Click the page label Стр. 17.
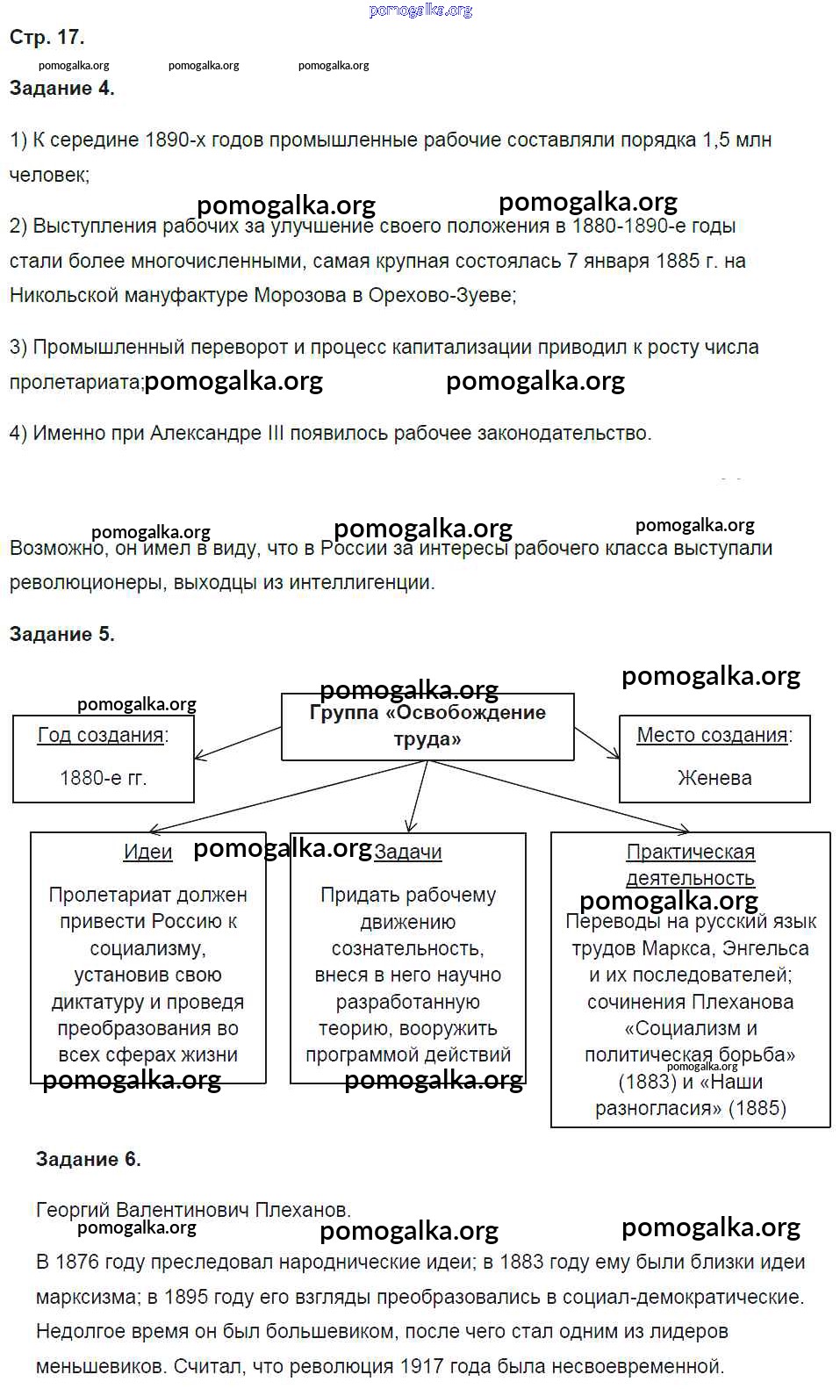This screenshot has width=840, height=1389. (47, 37)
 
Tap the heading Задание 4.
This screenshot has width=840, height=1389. (61, 88)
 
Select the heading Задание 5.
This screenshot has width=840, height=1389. (61, 634)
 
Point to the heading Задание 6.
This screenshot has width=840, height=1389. (88, 1159)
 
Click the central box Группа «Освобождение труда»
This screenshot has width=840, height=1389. (427, 726)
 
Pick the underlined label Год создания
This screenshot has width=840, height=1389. (101, 735)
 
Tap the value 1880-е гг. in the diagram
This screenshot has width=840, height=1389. (103, 778)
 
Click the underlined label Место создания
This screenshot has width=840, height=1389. (712, 735)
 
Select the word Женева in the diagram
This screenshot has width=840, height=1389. (714, 778)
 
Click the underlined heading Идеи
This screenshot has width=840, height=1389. (147, 852)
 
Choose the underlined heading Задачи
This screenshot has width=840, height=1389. (408, 852)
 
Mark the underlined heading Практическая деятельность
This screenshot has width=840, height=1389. (690, 865)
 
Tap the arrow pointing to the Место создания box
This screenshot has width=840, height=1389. (598, 742)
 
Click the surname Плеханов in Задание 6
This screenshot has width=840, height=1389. (301, 1210)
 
